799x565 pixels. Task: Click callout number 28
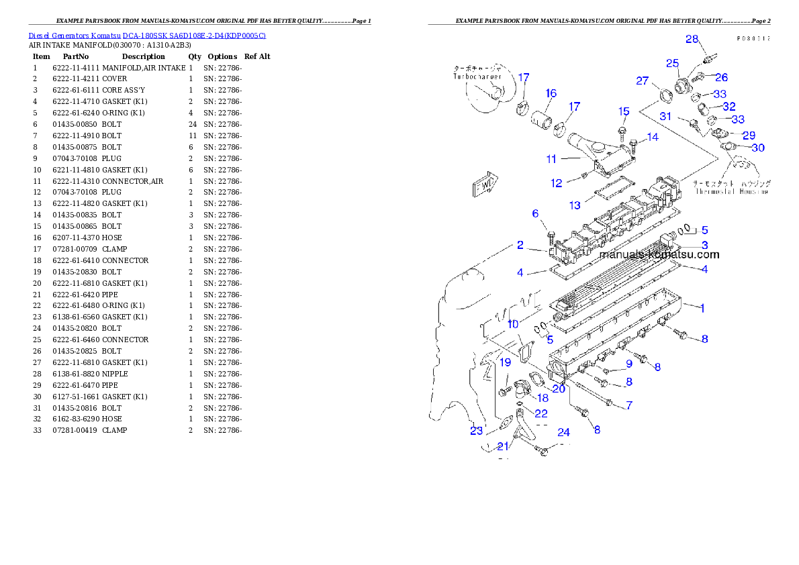[692, 39]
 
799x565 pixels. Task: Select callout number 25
[672, 63]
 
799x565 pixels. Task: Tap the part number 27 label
[643, 81]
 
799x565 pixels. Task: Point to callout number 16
[551, 93]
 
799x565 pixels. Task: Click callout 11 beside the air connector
[551, 159]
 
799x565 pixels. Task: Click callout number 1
[702, 309]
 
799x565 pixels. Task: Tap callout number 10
[513, 324]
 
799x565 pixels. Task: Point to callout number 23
[476, 430]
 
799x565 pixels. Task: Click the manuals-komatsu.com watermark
[659, 254]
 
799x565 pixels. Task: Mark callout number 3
[705, 245]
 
